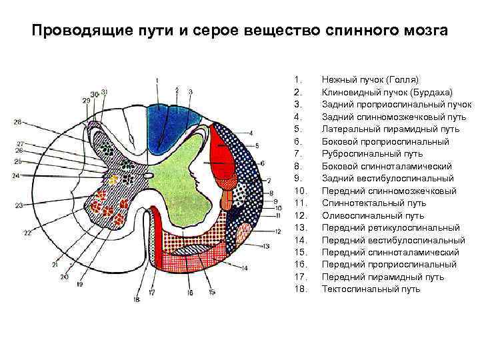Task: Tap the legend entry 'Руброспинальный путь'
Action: coord(372,153)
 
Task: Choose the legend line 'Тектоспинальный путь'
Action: coord(371,289)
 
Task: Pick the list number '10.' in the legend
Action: coord(299,191)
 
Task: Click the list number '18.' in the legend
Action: coord(299,289)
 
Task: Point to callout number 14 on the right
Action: coord(245,268)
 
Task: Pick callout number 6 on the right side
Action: coord(263,163)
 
